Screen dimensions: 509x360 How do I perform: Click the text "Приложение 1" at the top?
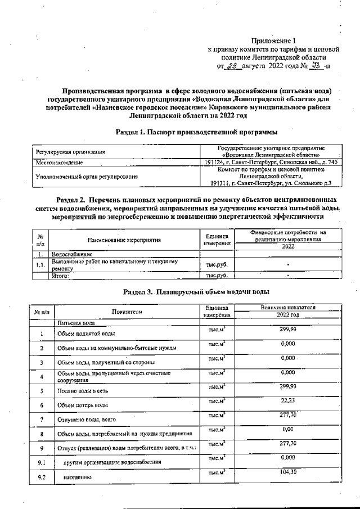pos(273,41)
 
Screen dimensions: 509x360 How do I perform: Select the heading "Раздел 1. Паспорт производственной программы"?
pos(196,133)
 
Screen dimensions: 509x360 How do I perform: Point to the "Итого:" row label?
pos(60,276)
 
